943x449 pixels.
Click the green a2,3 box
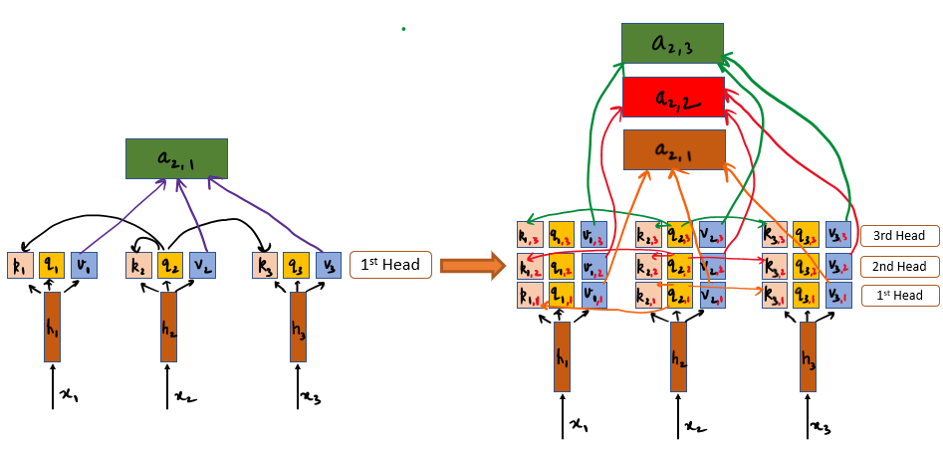tap(672, 45)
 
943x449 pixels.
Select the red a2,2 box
tap(672, 98)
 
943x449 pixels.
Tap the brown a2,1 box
tap(672, 149)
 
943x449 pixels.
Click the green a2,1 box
tap(176, 159)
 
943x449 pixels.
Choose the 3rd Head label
tap(899, 236)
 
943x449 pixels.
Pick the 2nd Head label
tap(899, 266)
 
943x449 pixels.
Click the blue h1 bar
tap(51, 327)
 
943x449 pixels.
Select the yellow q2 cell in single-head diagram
tap(170, 265)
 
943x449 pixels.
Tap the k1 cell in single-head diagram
tap(20, 265)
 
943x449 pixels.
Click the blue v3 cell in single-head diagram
tap(327, 265)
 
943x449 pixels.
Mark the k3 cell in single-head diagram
tap(265, 265)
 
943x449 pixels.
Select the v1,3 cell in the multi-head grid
tap(593, 236)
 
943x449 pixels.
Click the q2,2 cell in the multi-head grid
tap(680, 266)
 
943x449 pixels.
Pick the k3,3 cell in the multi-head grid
tap(775, 236)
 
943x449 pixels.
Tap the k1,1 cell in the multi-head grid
tap(530, 296)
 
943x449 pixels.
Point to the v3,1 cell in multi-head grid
tap(838, 296)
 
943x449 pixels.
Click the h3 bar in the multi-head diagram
tap(808, 356)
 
